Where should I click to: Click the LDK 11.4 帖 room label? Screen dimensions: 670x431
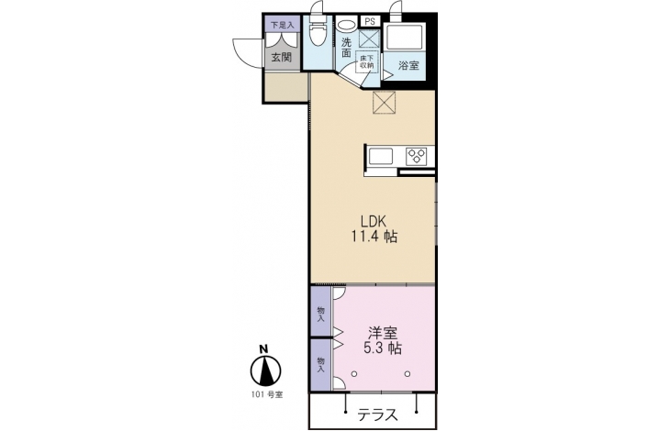[374, 228]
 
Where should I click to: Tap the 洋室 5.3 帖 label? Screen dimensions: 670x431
[383, 340]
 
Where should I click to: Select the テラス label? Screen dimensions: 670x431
[378, 414]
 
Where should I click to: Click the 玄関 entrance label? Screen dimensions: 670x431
[282, 57]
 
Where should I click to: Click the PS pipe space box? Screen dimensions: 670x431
[370, 21]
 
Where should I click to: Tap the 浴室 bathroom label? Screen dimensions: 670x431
[408, 65]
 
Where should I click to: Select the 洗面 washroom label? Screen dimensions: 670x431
[346, 48]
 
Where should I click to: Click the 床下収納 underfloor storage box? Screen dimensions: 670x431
[366, 62]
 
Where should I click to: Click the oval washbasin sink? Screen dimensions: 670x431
[346, 24]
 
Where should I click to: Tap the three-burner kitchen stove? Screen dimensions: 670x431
[416, 156]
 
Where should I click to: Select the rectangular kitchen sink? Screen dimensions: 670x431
[381, 156]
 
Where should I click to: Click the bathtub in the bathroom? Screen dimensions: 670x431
[404, 38]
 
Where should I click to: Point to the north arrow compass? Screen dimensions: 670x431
[265, 367]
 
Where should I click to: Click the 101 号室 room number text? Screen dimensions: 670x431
[267, 394]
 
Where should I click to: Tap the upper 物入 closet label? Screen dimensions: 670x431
[320, 314]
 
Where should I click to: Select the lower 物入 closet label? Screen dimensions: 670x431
[320, 365]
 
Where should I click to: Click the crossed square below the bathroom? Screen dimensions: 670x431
[385, 103]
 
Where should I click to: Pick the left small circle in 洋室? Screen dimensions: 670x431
[353, 374]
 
